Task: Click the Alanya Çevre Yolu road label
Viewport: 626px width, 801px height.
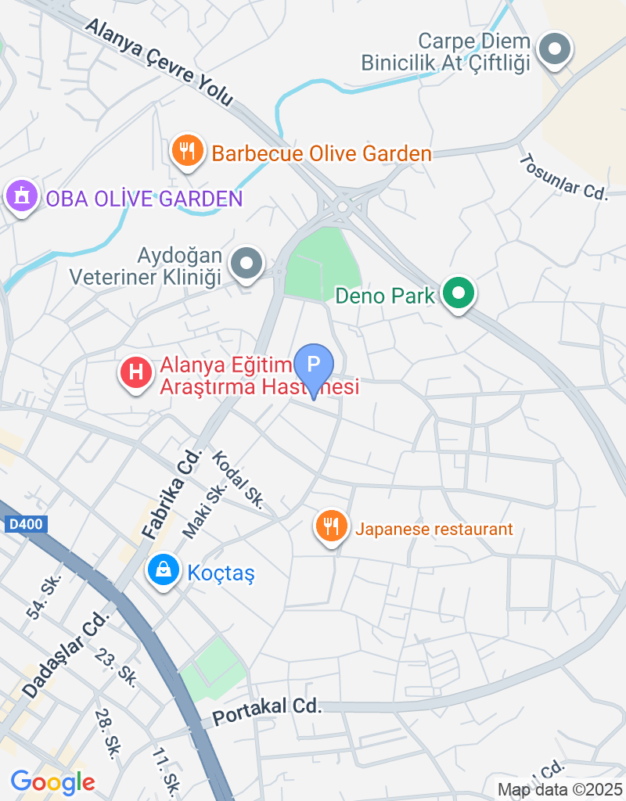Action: click(160, 62)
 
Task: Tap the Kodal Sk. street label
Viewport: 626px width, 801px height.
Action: click(239, 480)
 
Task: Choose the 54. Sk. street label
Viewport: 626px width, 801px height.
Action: click(44, 598)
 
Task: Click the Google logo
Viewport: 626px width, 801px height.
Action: click(52, 781)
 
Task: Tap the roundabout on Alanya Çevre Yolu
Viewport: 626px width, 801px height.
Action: click(342, 207)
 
